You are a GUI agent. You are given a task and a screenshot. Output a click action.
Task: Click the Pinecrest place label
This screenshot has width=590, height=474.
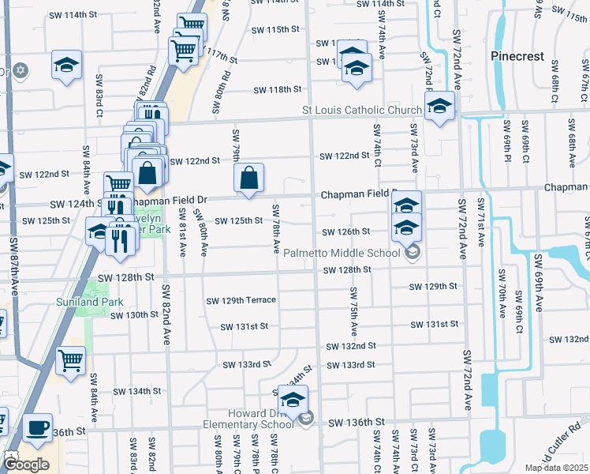point(517,56)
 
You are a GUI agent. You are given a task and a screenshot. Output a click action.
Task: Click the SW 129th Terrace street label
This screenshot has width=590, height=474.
point(241,300)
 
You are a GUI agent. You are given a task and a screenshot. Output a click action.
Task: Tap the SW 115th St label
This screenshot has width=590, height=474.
point(275,29)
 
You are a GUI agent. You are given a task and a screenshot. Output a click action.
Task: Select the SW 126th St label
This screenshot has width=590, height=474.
point(345,232)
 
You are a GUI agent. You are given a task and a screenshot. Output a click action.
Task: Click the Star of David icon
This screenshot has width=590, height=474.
point(21,71)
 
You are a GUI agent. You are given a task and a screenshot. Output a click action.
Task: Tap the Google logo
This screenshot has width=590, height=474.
point(26,465)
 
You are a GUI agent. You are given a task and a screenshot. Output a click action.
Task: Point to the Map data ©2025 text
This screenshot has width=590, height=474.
point(555,468)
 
